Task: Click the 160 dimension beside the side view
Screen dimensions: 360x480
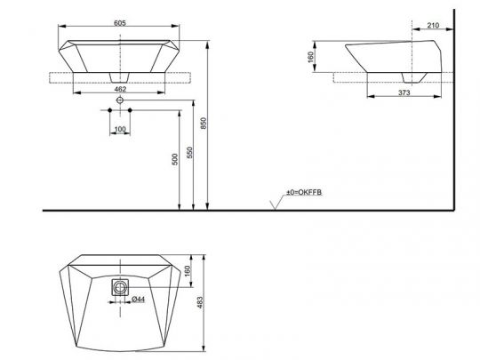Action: point(312,58)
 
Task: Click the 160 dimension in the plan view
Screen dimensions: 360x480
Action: point(187,271)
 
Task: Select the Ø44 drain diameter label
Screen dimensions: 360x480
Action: point(139,300)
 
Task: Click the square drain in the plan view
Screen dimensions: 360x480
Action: point(119,287)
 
